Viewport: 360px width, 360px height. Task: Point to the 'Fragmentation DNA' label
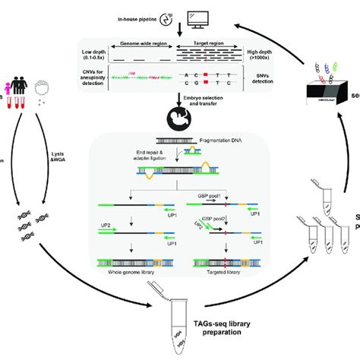coord(226,140)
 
